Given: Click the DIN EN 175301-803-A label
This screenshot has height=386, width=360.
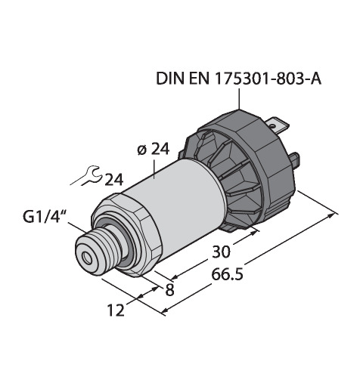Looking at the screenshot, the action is point(238,79).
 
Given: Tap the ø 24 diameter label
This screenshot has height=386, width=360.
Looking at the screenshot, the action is point(154,150).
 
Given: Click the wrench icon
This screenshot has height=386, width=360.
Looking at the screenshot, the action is point(87,176).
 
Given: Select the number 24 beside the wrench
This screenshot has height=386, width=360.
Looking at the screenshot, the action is point(114,180).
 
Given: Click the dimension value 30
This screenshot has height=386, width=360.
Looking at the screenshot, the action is point(221,252).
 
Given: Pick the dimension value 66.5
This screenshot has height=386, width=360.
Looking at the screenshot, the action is point(227,274).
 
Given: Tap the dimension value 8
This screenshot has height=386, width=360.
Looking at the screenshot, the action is point(169,290).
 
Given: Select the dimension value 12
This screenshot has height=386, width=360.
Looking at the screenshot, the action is point(116,310).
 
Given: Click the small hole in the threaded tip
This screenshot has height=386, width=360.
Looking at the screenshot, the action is point(88,258).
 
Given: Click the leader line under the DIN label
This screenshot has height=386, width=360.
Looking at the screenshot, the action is point(239,99).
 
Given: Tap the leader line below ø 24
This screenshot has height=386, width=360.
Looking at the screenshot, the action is point(154,169).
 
